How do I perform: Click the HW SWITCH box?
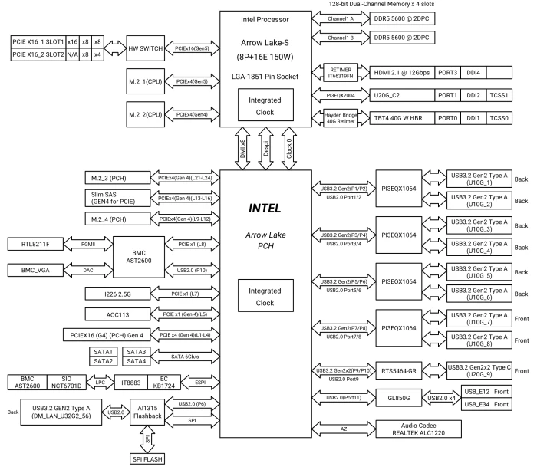[145, 48]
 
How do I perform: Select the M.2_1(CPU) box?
[145, 81]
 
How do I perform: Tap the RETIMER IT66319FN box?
[341, 73]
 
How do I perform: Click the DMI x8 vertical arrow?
[242, 149]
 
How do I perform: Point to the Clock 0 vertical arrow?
[289, 149]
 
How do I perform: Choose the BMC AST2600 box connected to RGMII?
[139, 257]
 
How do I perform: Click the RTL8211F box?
[35, 244]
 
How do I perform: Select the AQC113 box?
[117, 314]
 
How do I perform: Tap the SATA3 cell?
[137, 352]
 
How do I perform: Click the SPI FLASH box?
[147, 459]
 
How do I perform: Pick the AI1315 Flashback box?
[147, 412]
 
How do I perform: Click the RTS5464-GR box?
[399, 371]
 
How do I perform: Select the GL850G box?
[399, 398]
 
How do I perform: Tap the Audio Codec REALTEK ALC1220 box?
[419, 429]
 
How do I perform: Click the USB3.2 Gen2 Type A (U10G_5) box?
[479, 272]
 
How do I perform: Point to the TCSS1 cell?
[499, 95]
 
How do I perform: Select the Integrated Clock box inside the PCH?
[265, 296]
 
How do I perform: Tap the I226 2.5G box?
[117, 294]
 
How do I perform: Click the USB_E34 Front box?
[486, 404]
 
